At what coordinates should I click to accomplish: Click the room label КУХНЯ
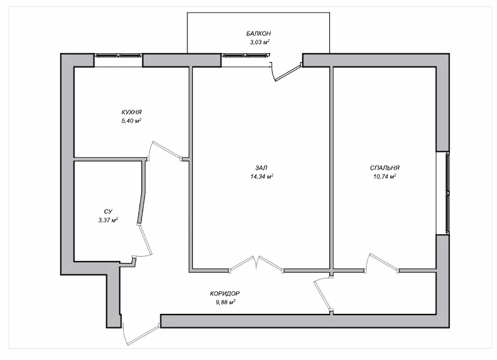(x=131, y=112)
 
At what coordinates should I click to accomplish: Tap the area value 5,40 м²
(x=131, y=121)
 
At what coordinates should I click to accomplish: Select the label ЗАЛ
(x=261, y=168)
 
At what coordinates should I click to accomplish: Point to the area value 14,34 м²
(x=262, y=176)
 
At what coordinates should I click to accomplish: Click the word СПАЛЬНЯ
(x=385, y=168)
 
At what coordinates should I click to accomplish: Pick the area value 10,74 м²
(x=385, y=176)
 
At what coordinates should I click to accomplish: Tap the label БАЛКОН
(x=259, y=33)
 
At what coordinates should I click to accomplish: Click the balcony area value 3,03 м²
(x=260, y=42)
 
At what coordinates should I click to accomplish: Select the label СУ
(x=108, y=211)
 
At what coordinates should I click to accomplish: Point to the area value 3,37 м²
(x=108, y=220)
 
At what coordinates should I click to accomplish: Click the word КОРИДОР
(x=225, y=294)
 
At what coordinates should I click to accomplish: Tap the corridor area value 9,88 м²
(x=225, y=302)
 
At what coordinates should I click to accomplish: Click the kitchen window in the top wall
(x=118, y=55)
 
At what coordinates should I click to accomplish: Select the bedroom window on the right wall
(x=448, y=193)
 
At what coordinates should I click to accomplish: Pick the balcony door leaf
(x=288, y=73)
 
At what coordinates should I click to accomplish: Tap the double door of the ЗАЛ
(x=256, y=264)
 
